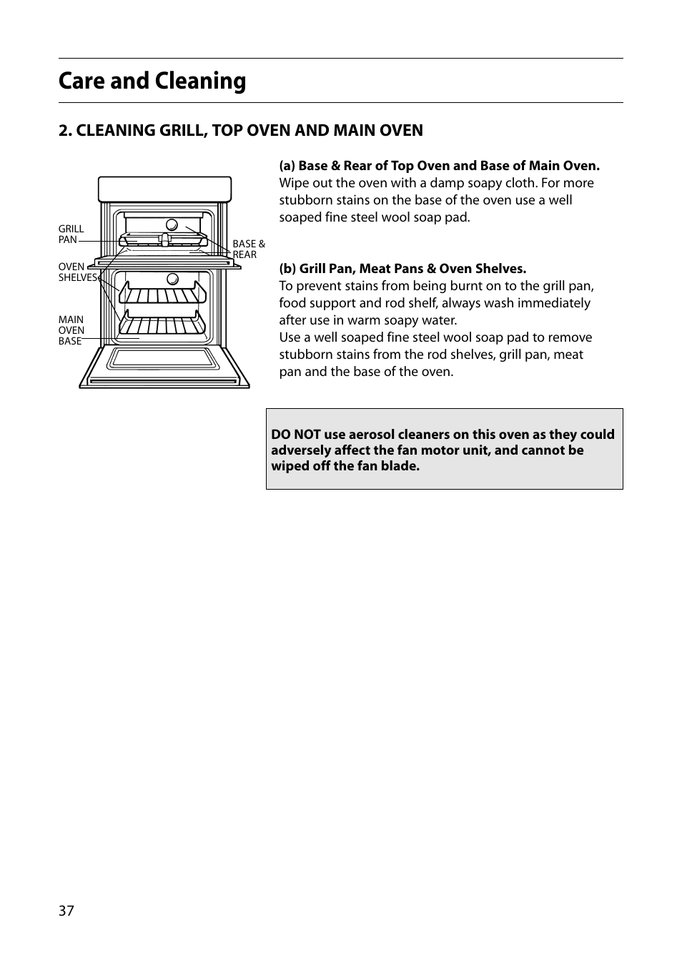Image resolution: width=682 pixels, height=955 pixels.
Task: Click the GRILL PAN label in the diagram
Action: coord(71,234)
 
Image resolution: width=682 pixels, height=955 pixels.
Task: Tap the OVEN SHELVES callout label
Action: coord(77,272)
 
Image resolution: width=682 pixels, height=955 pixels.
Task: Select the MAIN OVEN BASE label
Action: coord(71,330)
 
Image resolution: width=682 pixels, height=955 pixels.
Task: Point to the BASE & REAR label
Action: coord(248,249)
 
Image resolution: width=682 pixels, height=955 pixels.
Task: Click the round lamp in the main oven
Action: coord(172,279)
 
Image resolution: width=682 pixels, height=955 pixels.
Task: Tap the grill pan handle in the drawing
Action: coord(165,239)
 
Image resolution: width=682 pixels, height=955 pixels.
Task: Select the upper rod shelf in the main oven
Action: coord(163,295)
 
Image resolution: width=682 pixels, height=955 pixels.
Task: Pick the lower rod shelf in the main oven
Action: coord(163,323)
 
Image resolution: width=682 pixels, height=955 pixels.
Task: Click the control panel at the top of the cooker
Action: coord(164,189)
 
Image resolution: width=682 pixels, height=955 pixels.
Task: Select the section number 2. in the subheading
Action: coord(66,130)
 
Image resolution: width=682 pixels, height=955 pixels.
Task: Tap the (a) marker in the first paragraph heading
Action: coord(287,166)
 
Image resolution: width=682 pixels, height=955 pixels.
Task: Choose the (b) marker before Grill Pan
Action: coord(287,269)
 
